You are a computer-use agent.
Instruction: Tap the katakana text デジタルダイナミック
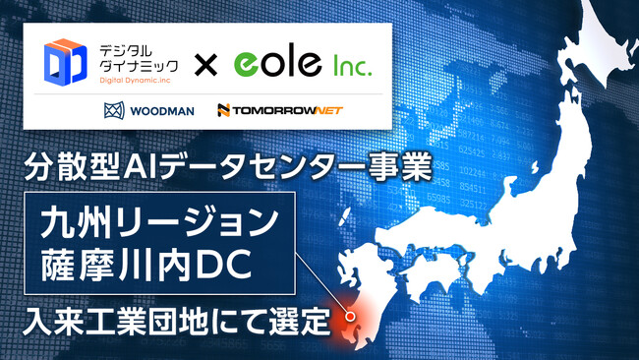pyautogui.click(x=130, y=56)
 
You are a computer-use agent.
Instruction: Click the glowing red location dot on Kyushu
pyautogui.click(x=348, y=316)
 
